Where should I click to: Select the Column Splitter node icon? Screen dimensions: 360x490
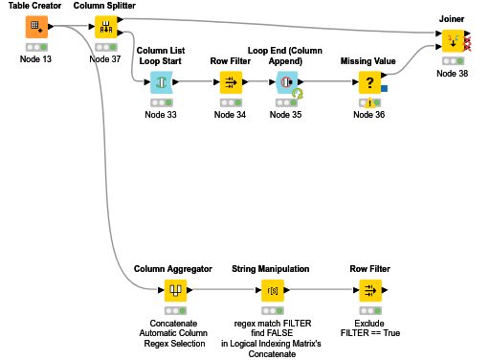coord(105,26)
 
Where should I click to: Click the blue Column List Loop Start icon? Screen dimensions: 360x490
coord(161,82)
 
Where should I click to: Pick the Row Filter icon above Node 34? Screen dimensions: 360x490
coord(230,82)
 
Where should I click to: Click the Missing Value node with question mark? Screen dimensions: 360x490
coord(368,82)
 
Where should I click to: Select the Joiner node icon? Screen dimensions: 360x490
coord(452,41)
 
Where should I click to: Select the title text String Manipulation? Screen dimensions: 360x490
coord(271,269)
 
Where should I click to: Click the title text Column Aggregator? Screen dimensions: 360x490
coord(173,269)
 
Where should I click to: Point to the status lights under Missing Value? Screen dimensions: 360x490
coord(368,103)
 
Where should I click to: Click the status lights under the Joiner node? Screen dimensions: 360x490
coord(452,62)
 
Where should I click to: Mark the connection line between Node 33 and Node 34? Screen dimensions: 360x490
coord(195,82)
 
